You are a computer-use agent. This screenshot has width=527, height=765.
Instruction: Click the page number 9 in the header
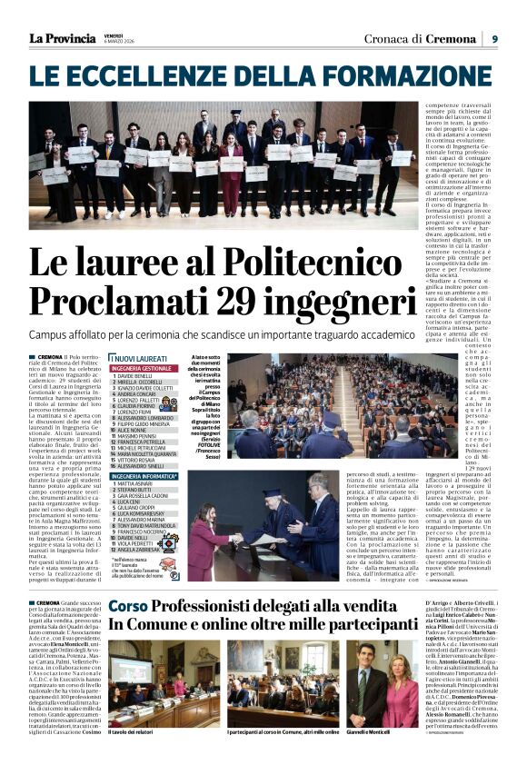(x=495, y=39)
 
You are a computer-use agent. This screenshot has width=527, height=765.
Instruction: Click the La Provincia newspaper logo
(x=63, y=39)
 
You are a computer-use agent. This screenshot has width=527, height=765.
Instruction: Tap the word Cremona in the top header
(x=447, y=39)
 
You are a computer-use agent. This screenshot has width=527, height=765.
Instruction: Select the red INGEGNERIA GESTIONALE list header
(x=143, y=369)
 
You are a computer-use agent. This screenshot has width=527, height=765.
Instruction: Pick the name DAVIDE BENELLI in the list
(x=135, y=376)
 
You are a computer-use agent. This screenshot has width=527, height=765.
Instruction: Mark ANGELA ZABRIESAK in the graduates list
(x=143, y=575)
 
